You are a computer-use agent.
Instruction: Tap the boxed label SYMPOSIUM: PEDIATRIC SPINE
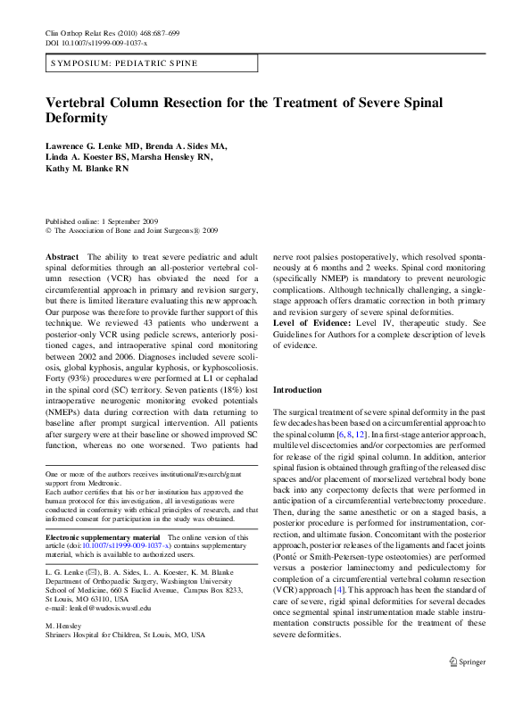tap(124, 64)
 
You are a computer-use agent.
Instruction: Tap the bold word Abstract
tap(62, 255)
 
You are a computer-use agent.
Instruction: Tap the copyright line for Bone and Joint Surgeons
tap(129, 230)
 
